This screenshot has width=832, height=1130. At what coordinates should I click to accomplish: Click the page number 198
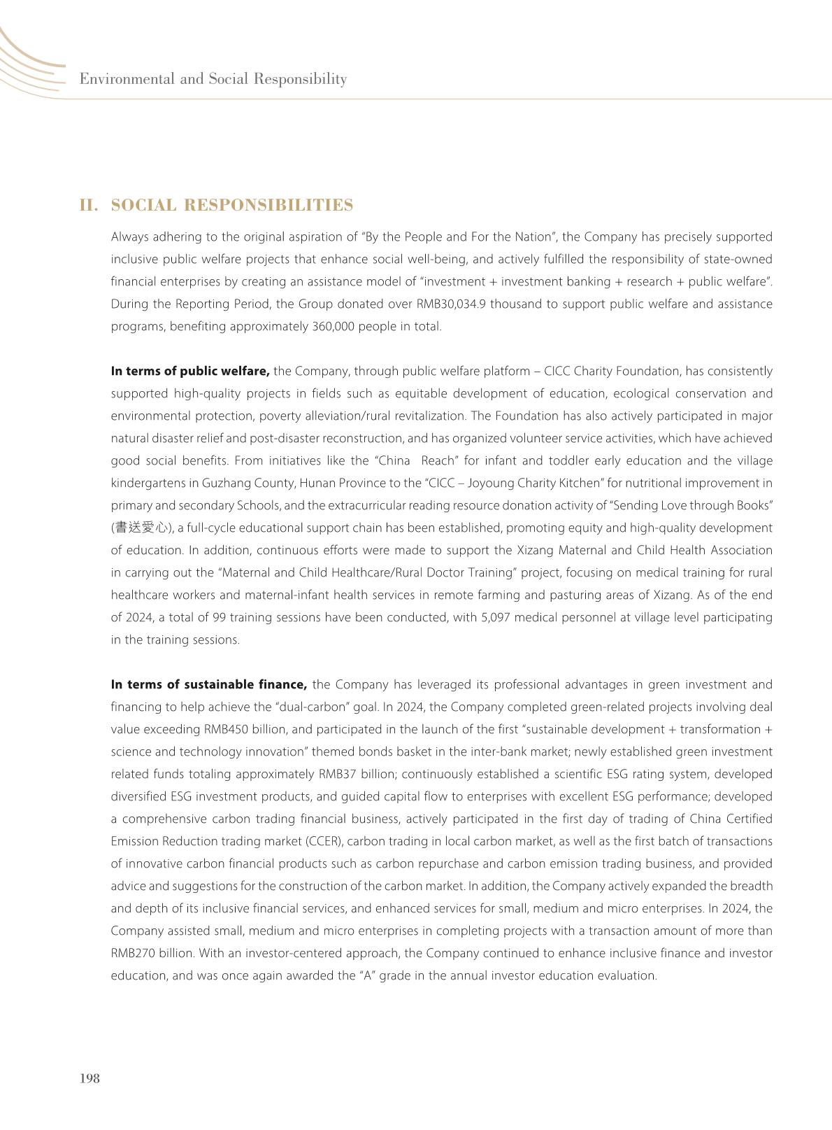[90, 1078]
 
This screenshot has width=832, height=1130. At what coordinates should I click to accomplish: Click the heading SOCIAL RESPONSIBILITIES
[231, 205]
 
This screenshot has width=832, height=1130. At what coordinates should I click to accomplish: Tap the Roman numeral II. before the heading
[89, 205]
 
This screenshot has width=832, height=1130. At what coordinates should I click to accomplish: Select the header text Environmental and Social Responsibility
[213, 78]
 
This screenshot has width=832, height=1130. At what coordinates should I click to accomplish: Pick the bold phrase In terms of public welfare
[190, 372]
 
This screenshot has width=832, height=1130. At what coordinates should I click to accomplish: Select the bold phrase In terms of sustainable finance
[209, 685]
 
